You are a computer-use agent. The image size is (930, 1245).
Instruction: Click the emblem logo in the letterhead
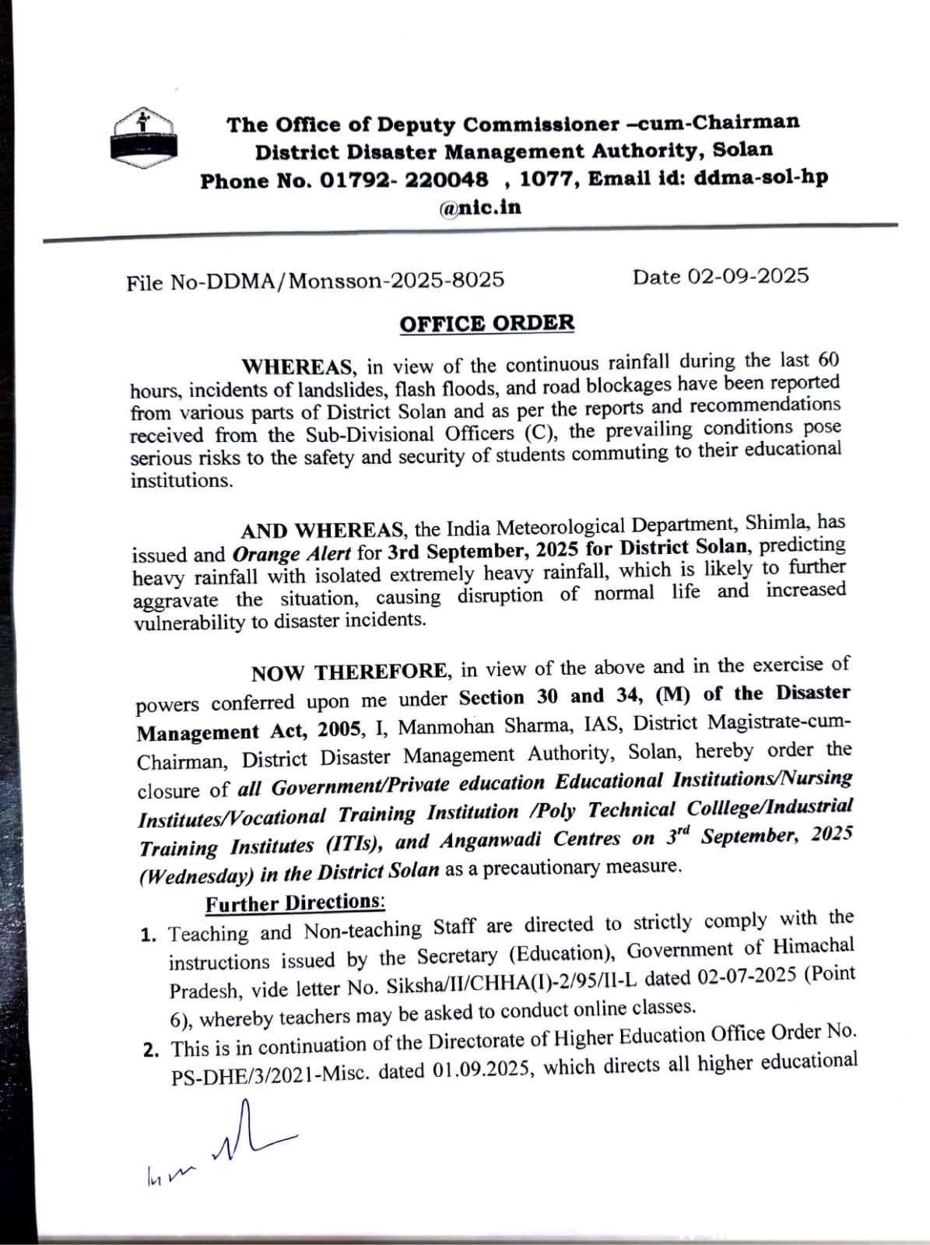click(x=142, y=137)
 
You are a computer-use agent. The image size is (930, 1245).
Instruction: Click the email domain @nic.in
click(x=480, y=207)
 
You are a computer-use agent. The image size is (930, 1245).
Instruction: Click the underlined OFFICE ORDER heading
click(x=487, y=323)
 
